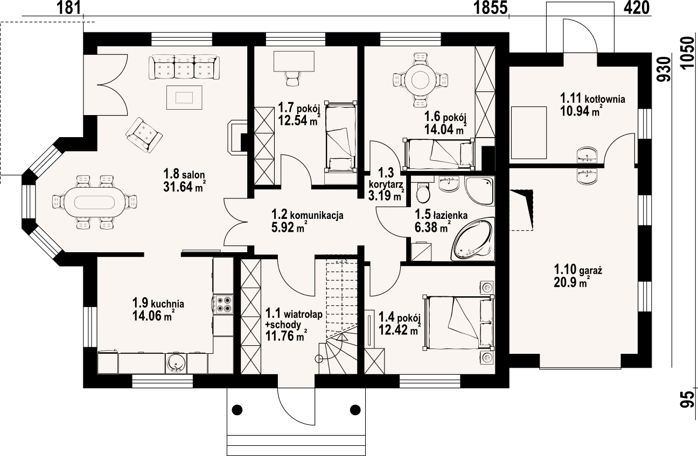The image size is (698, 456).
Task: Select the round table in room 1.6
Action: [421, 80]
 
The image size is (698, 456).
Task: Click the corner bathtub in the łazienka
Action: [473, 239]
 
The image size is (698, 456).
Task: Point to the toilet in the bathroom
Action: [423, 191]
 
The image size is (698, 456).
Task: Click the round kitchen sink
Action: [176, 363]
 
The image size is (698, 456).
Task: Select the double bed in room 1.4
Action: [458, 322]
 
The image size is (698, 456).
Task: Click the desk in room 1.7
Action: [294, 61]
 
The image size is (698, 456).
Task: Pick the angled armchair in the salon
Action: [144, 134]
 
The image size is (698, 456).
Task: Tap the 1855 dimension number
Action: [491, 8]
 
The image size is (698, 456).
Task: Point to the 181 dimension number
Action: [68, 8]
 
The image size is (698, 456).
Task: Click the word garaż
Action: [590, 270]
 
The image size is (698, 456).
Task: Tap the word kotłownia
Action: [605, 99]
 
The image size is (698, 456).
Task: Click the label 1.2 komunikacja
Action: [307, 215]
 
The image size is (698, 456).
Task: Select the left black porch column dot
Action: [238, 410]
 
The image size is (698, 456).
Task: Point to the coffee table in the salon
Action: [184, 97]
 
